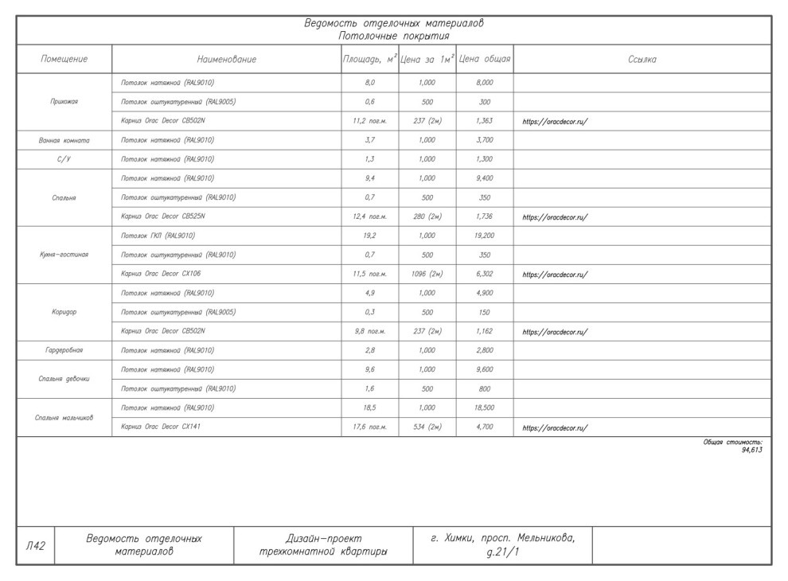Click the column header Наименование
tap(227, 60)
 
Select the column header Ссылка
tap(642, 60)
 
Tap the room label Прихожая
tap(64, 102)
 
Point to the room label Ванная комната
tap(64, 140)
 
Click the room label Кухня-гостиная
tap(64, 255)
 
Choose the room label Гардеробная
tap(64, 350)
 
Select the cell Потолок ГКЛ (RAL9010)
tap(158, 236)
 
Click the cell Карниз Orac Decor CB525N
tap(163, 216)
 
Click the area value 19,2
tap(369, 236)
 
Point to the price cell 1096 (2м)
tap(427, 274)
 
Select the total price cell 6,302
tap(485, 274)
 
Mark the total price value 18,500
tap(485, 407)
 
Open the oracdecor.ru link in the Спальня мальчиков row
tap(555, 428)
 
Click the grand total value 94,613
tap(751, 450)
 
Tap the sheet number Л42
tap(35, 545)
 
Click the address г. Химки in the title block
tap(501, 539)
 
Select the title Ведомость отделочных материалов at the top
tap(393, 23)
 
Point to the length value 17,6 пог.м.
tap(369, 427)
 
